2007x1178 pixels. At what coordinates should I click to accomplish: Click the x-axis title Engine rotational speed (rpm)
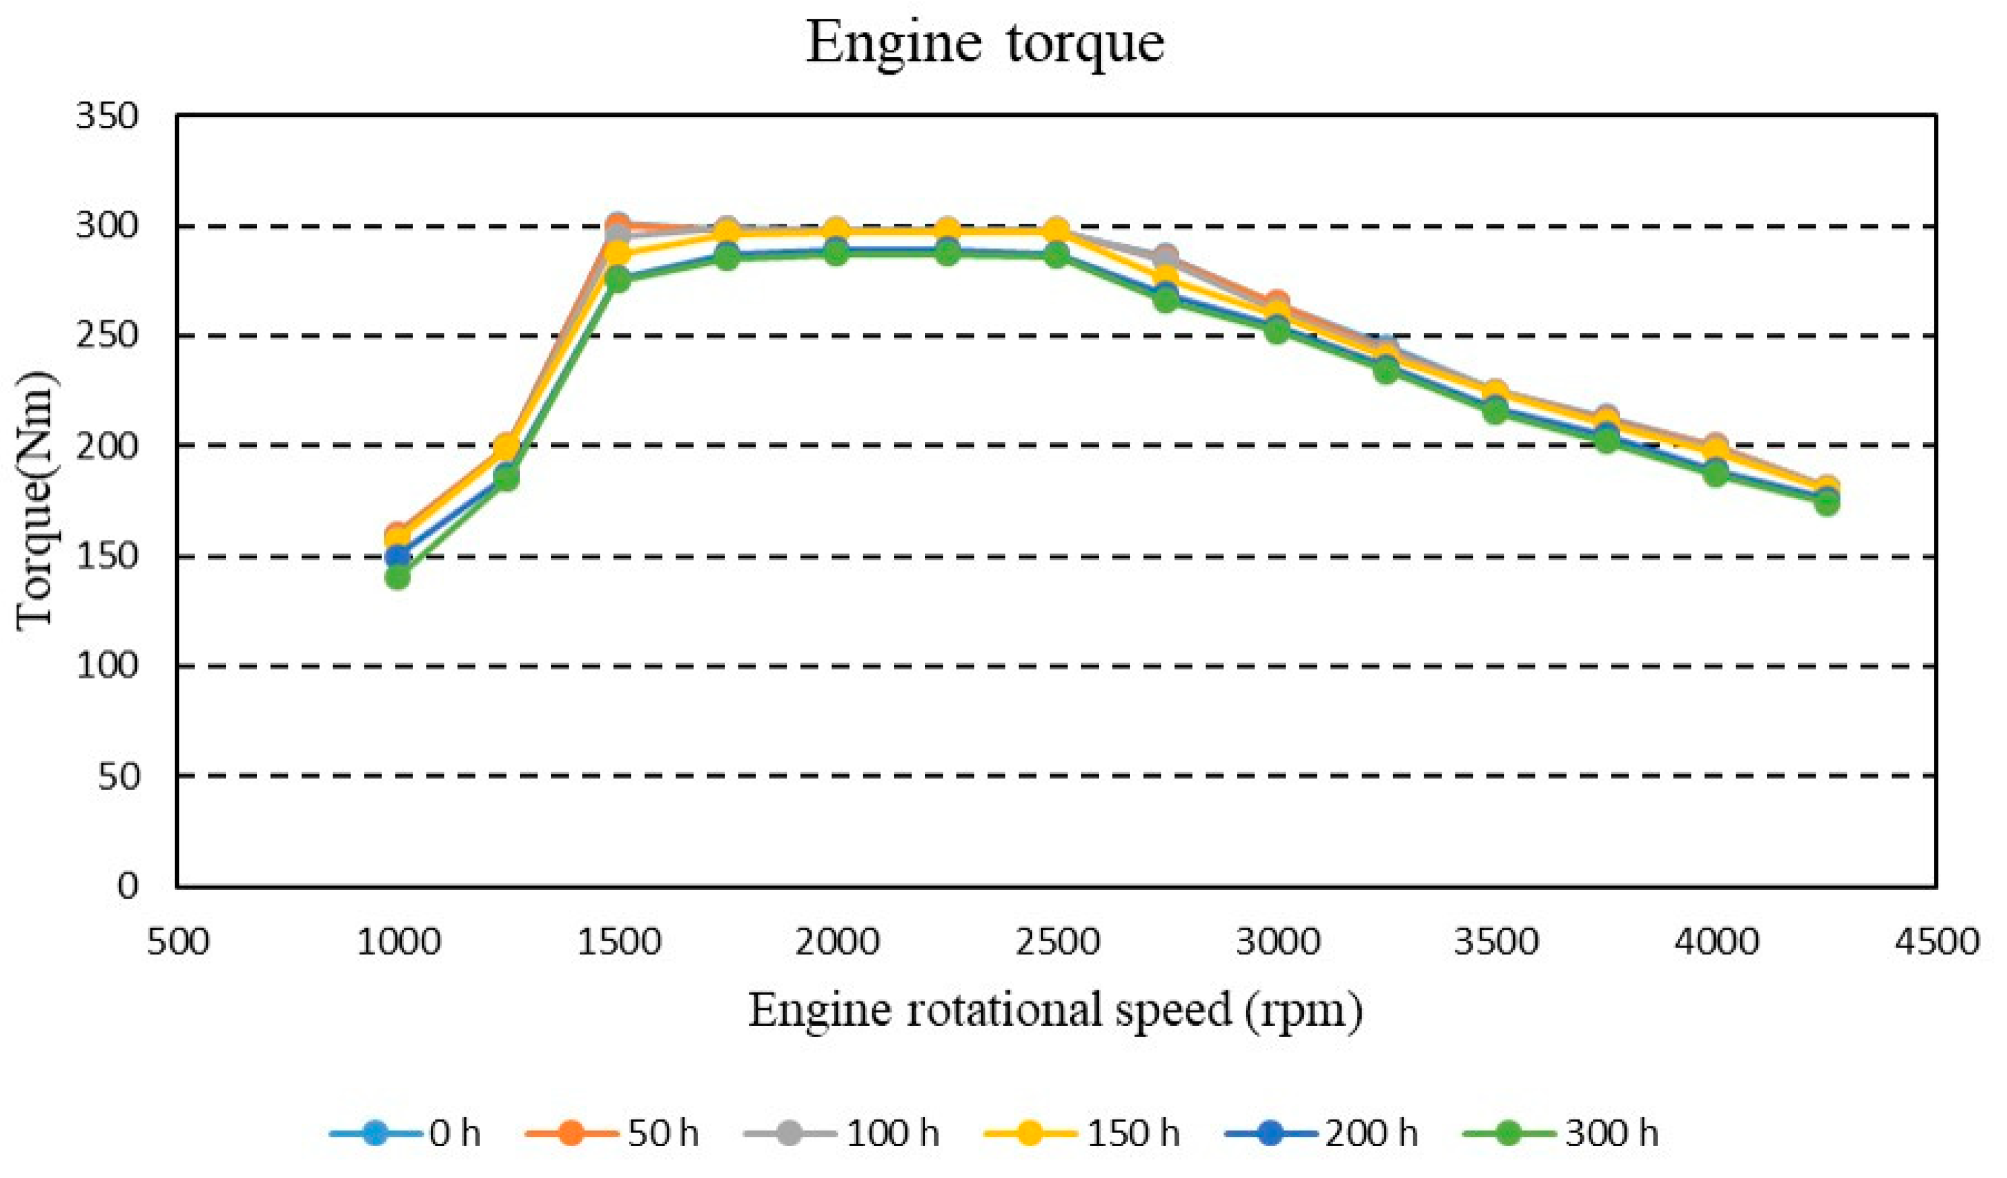coord(1055,1011)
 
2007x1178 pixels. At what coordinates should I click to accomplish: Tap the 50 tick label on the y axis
coord(118,775)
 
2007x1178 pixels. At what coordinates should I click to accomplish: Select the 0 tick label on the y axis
coord(128,886)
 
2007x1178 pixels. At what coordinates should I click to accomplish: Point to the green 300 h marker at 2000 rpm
coord(836,253)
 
